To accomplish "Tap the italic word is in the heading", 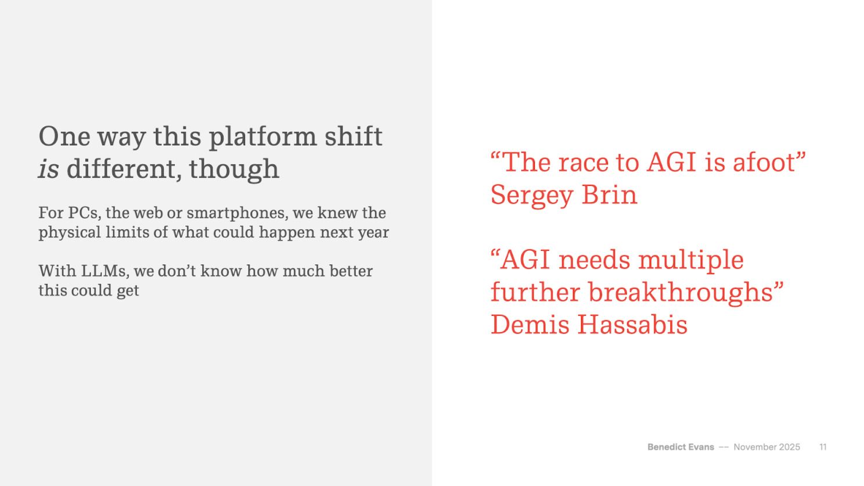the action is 49,169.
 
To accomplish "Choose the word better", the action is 351,271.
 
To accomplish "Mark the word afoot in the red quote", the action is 764,163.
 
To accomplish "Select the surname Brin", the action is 610,195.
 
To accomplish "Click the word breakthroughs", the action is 681,293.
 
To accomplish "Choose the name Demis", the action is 530,325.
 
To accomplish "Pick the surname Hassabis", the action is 632,325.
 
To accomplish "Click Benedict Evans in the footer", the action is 681,447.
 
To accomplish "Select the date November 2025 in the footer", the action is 767,447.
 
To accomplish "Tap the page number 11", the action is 823,447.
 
